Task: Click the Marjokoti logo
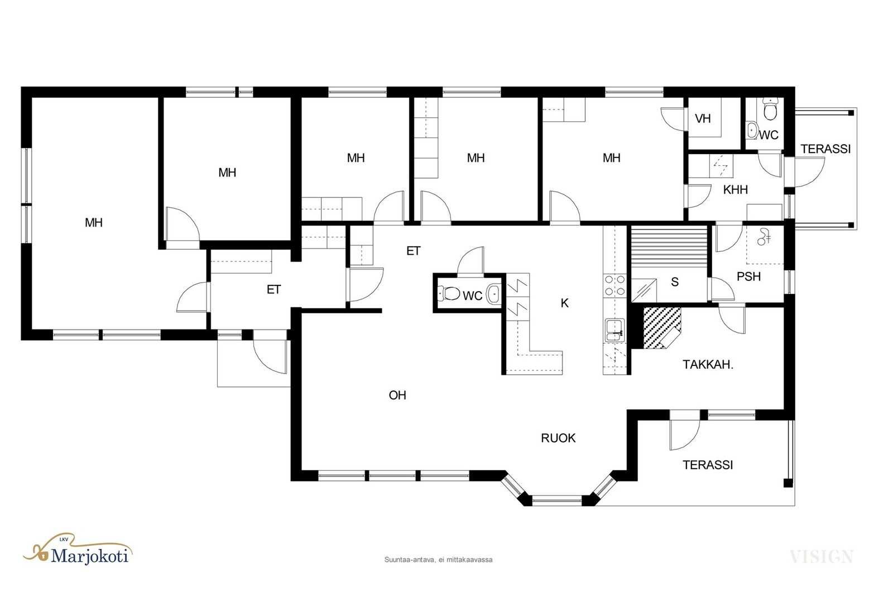pyautogui.click(x=78, y=550)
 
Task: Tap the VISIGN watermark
pyautogui.click(x=821, y=557)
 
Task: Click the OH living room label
pyautogui.click(x=397, y=395)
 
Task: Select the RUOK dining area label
pyautogui.click(x=558, y=438)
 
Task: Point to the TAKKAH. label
pyautogui.click(x=708, y=365)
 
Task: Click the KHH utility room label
pyautogui.click(x=736, y=190)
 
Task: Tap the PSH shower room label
pyautogui.click(x=748, y=276)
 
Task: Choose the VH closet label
pyautogui.click(x=703, y=118)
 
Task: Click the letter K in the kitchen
pyautogui.click(x=564, y=303)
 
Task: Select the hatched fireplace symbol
pyautogui.click(x=662, y=328)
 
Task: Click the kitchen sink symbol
pyautogui.click(x=614, y=330)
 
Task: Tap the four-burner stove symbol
pyautogui.click(x=614, y=285)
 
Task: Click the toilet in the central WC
pyautogui.click(x=449, y=294)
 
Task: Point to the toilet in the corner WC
pyautogui.click(x=770, y=108)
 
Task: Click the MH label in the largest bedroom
pyautogui.click(x=94, y=223)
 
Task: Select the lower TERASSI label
pyautogui.click(x=708, y=465)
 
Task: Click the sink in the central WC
pyautogui.click(x=494, y=294)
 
